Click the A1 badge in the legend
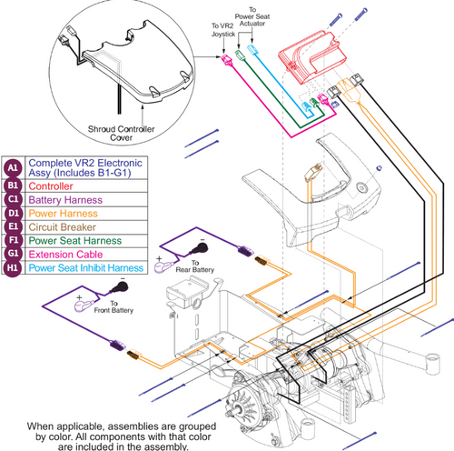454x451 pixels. tap(12, 167)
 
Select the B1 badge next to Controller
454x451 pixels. tap(12, 187)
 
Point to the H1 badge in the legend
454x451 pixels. tap(12, 268)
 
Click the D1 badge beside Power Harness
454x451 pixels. tap(12, 214)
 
